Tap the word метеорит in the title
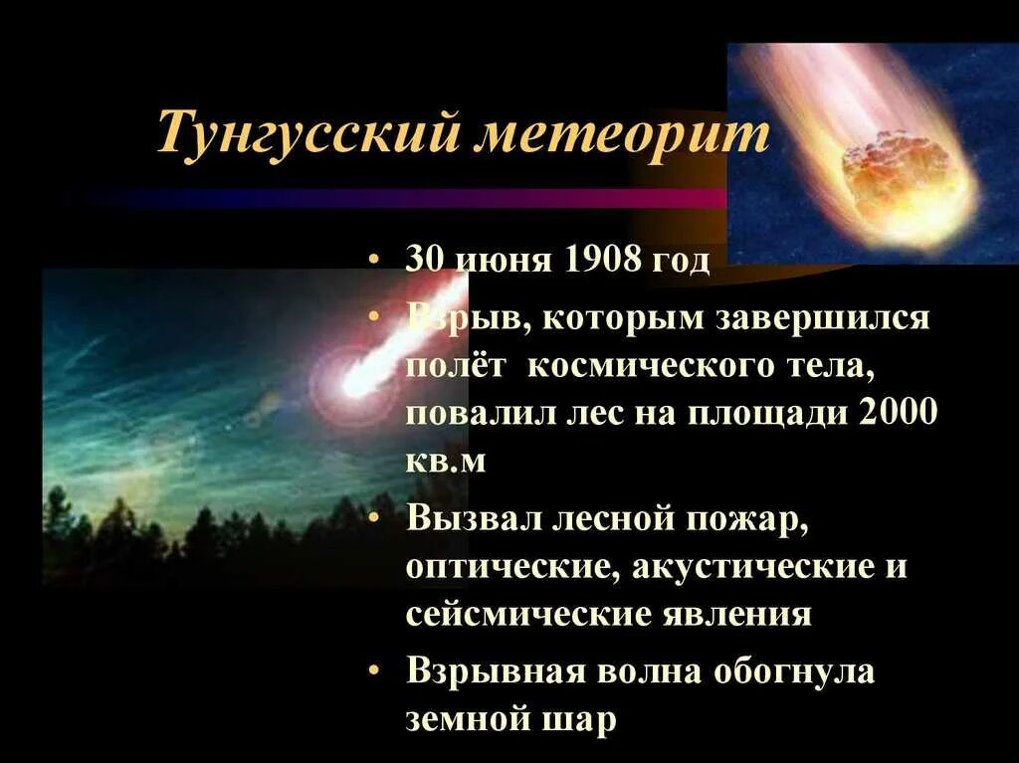coord(622,135)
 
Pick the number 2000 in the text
coord(896,413)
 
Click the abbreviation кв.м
coord(446,462)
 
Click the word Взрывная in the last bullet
coord(496,672)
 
